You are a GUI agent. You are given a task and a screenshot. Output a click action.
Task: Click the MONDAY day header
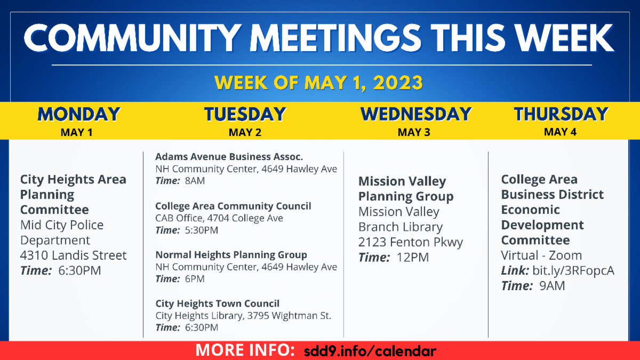pyautogui.click(x=79, y=114)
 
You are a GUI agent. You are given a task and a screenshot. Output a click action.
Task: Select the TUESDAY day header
pyautogui.click(x=245, y=114)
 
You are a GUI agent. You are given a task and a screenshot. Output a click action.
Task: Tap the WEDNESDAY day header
pyautogui.click(x=415, y=114)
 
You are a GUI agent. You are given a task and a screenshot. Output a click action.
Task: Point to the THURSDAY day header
pyautogui.click(x=561, y=114)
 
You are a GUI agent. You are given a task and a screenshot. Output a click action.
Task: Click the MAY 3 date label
pyautogui.click(x=414, y=132)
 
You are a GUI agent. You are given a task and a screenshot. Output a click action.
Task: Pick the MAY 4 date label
pyautogui.click(x=560, y=132)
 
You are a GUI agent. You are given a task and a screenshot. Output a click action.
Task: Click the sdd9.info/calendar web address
pyautogui.click(x=370, y=351)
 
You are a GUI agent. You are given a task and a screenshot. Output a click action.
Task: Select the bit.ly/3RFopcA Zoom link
pyautogui.click(x=573, y=270)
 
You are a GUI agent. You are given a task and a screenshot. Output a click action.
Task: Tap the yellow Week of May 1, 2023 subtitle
pyautogui.click(x=318, y=83)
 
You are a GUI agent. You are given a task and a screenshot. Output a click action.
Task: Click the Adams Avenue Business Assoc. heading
pyautogui.click(x=229, y=157)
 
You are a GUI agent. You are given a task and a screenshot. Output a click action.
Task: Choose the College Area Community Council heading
pyautogui.click(x=233, y=206)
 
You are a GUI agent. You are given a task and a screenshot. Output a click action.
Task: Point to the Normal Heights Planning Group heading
pyautogui.click(x=231, y=254)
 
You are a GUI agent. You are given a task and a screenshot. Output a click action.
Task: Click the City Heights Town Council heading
pyautogui.click(x=218, y=303)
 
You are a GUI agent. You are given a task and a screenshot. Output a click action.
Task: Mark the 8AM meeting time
pyautogui.click(x=195, y=181)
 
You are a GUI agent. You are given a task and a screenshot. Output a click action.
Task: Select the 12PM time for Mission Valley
pyautogui.click(x=413, y=258)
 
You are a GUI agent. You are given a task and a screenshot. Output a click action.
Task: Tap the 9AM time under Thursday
pyautogui.click(x=552, y=286)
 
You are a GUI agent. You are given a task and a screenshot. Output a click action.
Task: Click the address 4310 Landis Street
pyautogui.click(x=73, y=255)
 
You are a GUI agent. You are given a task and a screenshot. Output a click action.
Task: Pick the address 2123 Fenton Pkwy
pyautogui.click(x=411, y=242)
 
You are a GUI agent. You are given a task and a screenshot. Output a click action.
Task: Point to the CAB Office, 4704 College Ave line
pyautogui.click(x=219, y=218)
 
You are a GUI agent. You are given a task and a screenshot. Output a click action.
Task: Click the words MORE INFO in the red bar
pyautogui.click(x=245, y=350)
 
